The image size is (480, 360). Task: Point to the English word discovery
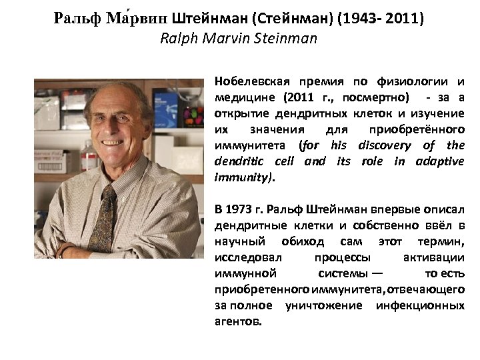(387, 145)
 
